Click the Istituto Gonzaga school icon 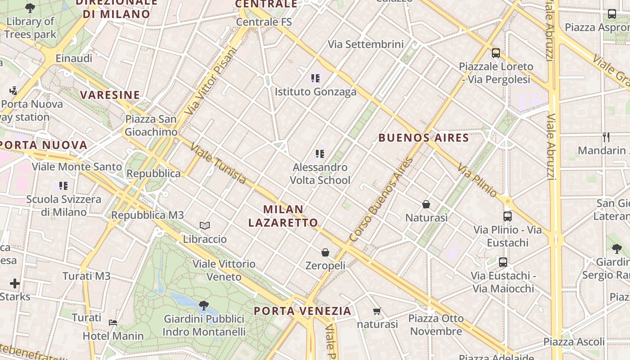(x=315, y=78)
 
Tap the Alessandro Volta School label (x=319, y=174)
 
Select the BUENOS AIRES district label (x=423, y=138)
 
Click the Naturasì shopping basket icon (x=426, y=205)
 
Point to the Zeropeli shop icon (x=325, y=253)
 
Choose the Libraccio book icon (x=205, y=225)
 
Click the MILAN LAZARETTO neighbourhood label (x=283, y=216)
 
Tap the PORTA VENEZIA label (x=302, y=311)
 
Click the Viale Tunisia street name (x=218, y=164)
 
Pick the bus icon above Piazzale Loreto (x=496, y=53)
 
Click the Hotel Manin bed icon (x=113, y=323)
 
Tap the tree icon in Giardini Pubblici (x=204, y=306)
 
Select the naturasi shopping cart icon (x=377, y=311)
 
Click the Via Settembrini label (x=365, y=45)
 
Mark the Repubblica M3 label (x=148, y=215)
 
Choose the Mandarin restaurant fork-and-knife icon (x=606, y=137)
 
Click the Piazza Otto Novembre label (x=436, y=325)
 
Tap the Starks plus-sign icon (x=15, y=283)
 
